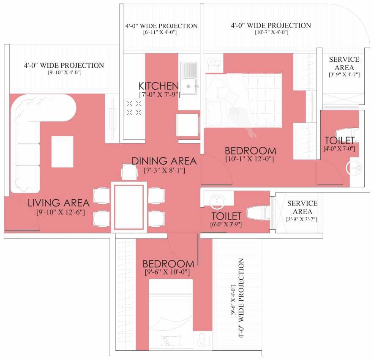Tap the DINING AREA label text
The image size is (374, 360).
(x=164, y=161)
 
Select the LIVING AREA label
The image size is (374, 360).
(x=58, y=203)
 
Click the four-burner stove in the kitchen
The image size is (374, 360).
(x=134, y=107)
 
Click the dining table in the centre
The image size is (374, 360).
(x=129, y=205)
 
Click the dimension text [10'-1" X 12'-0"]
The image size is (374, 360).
(x=250, y=159)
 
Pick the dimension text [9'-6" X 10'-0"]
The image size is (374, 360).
(x=167, y=272)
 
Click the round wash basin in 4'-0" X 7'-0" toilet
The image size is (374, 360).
(x=353, y=168)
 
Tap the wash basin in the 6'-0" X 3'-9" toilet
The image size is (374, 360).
(x=218, y=201)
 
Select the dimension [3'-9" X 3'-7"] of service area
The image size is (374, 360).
(x=302, y=219)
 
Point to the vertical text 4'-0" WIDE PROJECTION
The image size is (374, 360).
(x=241, y=298)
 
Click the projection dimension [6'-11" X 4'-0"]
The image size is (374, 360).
(x=161, y=33)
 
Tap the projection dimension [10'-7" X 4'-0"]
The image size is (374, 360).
(x=270, y=33)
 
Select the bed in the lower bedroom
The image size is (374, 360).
(x=172, y=311)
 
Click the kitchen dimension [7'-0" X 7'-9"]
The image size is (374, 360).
(x=160, y=94)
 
